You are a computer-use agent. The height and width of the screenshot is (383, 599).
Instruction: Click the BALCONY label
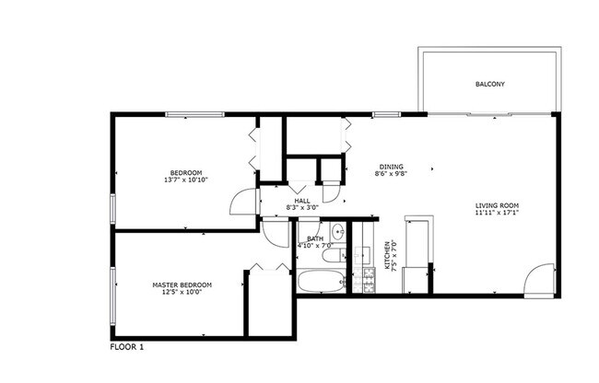click(x=489, y=85)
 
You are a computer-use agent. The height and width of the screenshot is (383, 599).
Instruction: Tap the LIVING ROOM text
click(x=498, y=204)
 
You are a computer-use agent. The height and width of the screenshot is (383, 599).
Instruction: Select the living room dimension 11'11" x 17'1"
click(x=498, y=213)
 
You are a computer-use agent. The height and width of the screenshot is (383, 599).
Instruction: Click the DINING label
click(x=391, y=166)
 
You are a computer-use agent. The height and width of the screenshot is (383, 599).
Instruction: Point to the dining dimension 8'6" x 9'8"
click(x=391, y=173)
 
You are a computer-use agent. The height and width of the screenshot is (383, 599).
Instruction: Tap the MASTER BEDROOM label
click(x=182, y=285)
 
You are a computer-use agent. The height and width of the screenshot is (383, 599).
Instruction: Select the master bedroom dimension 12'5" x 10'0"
click(x=182, y=293)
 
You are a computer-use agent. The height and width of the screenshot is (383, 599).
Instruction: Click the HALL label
click(x=301, y=201)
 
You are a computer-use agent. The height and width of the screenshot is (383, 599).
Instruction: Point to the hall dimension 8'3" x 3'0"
click(x=301, y=208)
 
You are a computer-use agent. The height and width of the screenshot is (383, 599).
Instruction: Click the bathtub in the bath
click(x=322, y=282)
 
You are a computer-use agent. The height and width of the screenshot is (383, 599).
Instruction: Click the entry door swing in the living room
click(x=539, y=280)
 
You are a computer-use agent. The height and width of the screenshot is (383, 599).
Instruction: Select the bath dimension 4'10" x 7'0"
click(x=313, y=246)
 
